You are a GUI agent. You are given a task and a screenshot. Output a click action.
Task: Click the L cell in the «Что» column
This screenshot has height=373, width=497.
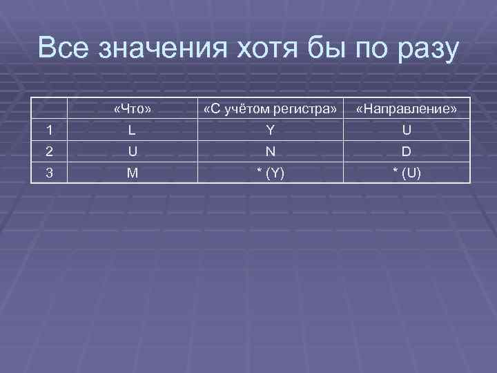click(133, 131)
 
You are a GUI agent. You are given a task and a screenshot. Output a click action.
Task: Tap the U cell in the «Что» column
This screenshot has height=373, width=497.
click(133, 151)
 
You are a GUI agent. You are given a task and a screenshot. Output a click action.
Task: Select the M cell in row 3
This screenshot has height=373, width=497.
click(133, 173)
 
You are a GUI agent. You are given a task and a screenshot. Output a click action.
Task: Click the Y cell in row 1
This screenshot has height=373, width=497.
click(271, 131)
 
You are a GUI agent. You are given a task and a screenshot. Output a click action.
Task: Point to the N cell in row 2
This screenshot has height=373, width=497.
click(271, 151)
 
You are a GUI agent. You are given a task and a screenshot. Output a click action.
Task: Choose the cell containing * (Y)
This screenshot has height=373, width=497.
click(271, 173)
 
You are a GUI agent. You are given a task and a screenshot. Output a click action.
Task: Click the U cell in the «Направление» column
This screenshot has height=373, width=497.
click(407, 131)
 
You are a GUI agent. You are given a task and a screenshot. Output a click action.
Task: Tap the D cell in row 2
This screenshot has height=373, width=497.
click(407, 151)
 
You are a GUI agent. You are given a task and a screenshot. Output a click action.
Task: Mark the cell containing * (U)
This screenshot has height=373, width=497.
click(407, 173)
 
